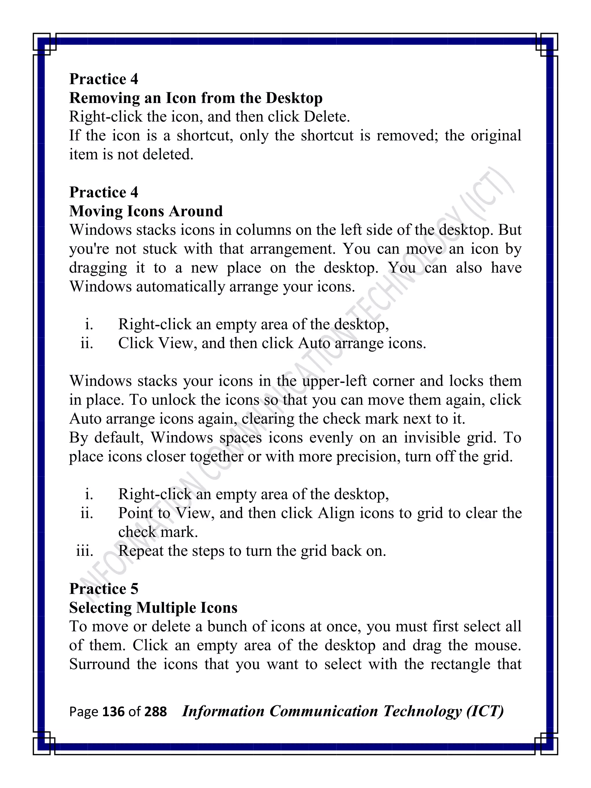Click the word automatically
point(180,287)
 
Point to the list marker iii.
point(85,551)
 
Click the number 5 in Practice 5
point(134,589)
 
